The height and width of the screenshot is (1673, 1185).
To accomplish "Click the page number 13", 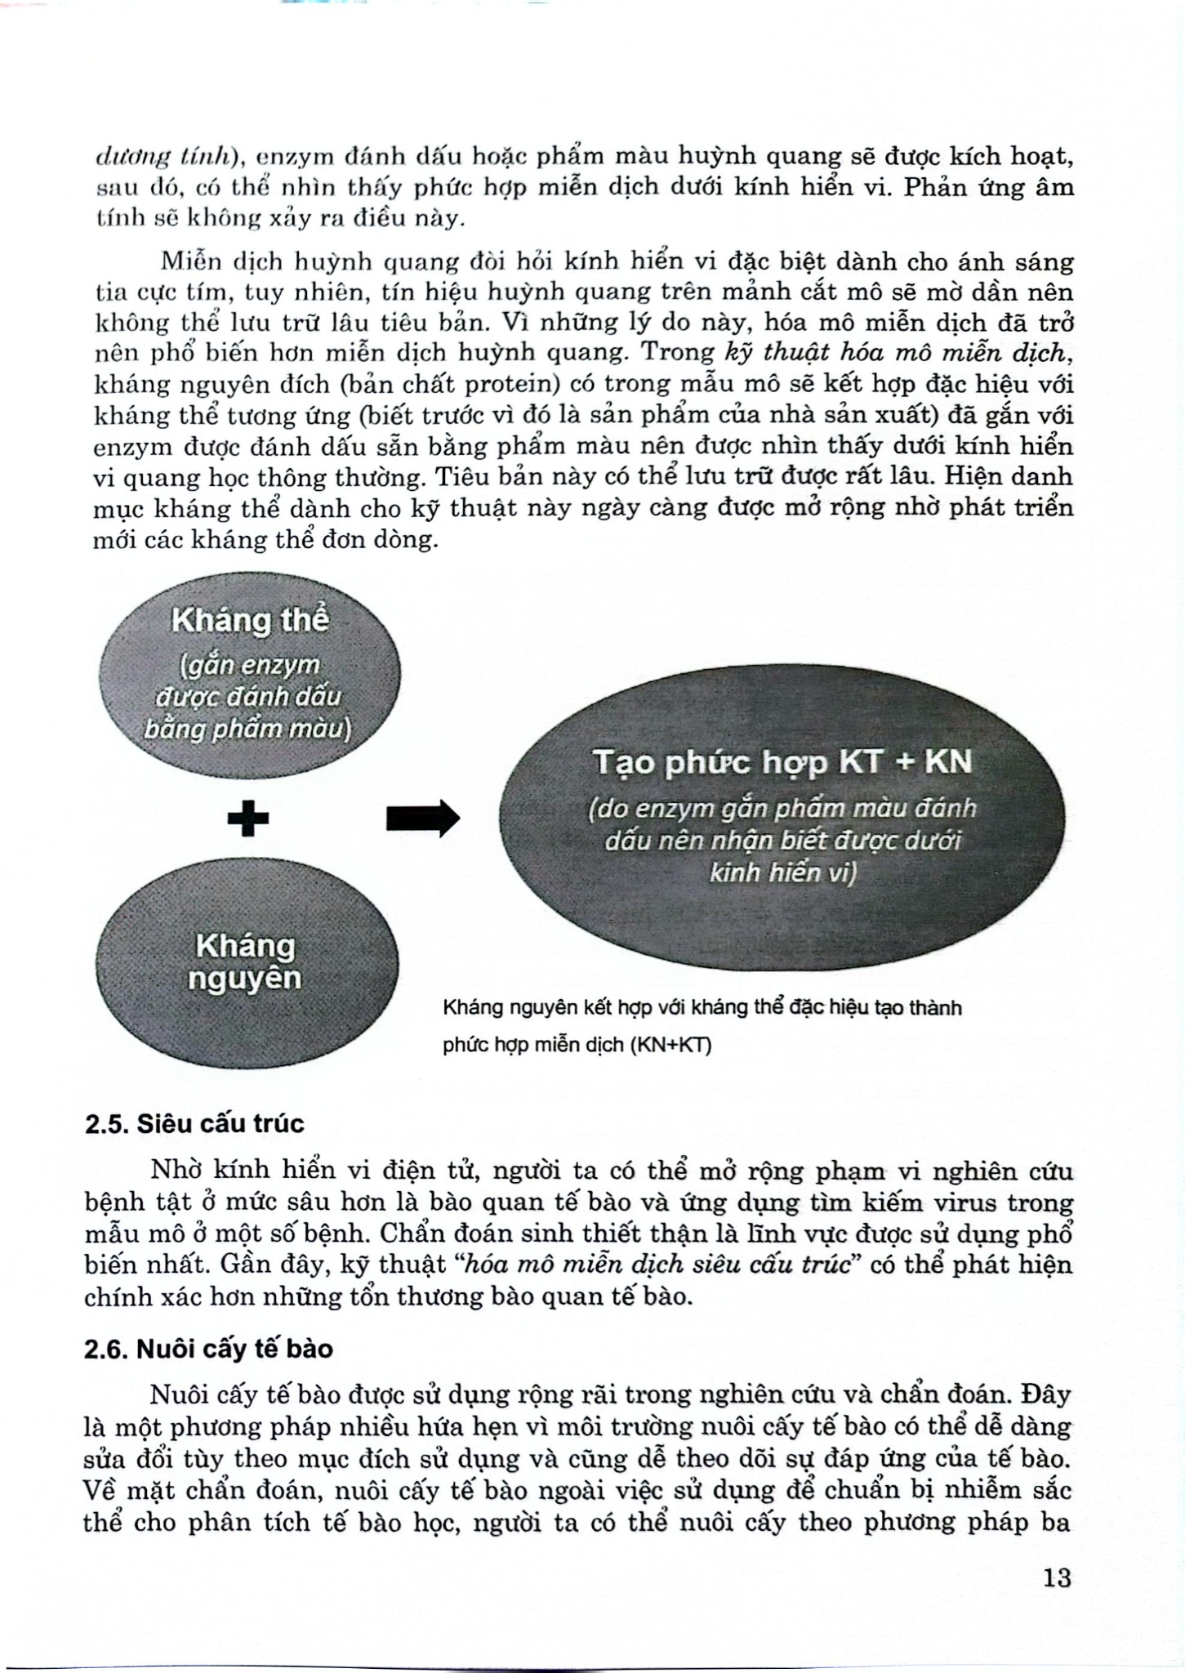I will (1056, 1577).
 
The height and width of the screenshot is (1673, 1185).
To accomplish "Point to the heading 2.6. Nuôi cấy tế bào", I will (208, 1349).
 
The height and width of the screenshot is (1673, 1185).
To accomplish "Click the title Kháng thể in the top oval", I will (250, 621).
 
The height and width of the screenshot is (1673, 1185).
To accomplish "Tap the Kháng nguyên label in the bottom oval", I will (245, 962).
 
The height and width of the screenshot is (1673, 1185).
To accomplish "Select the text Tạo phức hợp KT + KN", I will (782, 763).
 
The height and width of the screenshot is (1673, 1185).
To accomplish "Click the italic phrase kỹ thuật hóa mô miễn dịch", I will (896, 353).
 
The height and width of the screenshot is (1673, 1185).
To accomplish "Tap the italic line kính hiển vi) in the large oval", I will (782, 873).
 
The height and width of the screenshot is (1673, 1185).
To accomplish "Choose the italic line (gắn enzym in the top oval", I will (250, 665).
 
